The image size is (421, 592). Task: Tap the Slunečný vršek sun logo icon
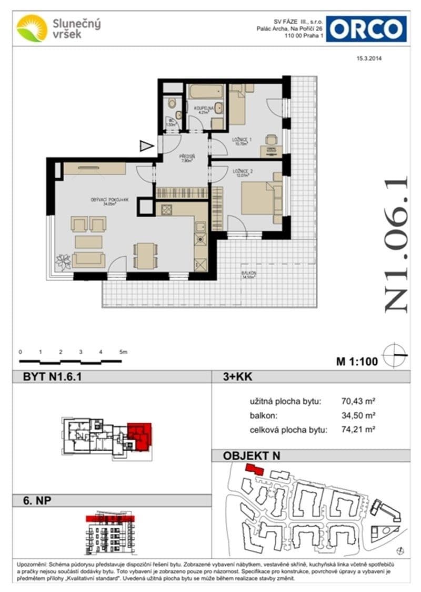32,28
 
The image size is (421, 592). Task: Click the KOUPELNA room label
202,108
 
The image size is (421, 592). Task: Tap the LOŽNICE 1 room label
240,141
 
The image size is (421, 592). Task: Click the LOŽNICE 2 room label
239,171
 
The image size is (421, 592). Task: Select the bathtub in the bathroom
207,92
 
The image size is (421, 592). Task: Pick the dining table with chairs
144,255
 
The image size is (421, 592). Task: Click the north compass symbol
396,356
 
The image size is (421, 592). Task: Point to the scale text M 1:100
357,362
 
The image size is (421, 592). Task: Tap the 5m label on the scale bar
123,351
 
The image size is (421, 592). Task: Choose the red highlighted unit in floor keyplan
139,435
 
